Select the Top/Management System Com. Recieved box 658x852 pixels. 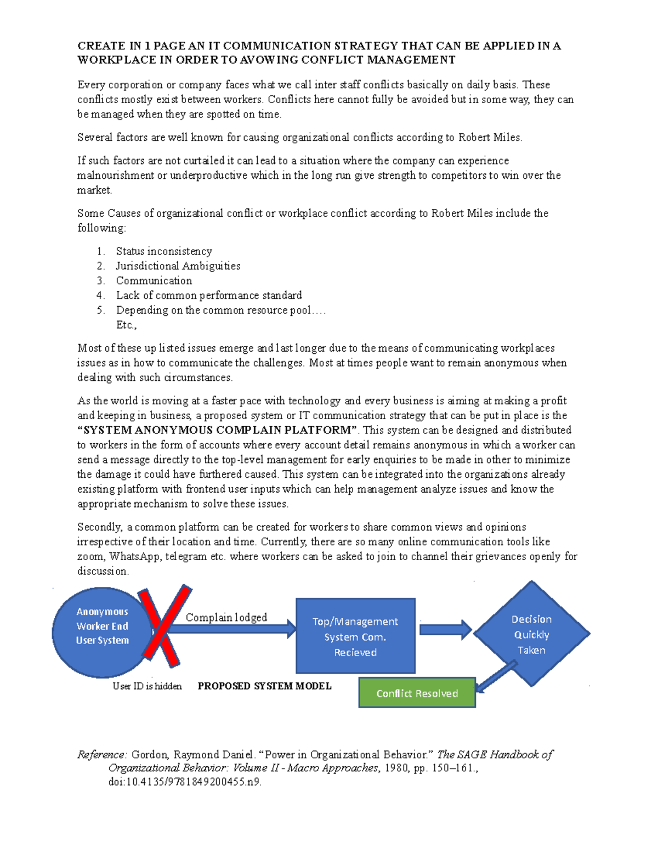click(355, 636)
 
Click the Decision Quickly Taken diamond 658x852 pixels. click(531, 634)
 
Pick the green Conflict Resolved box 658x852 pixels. click(417, 693)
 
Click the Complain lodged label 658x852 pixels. click(226, 618)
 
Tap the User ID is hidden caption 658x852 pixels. click(147, 686)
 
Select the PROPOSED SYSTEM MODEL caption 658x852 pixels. click(264, 686)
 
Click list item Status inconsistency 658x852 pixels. click(163, 251)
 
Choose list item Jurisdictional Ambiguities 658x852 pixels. click(178, 266)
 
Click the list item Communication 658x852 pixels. click(154, 281)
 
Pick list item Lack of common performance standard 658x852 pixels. click(208, 296)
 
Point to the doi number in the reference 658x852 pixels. click(185, 782)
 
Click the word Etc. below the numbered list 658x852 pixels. click(126, 325)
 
